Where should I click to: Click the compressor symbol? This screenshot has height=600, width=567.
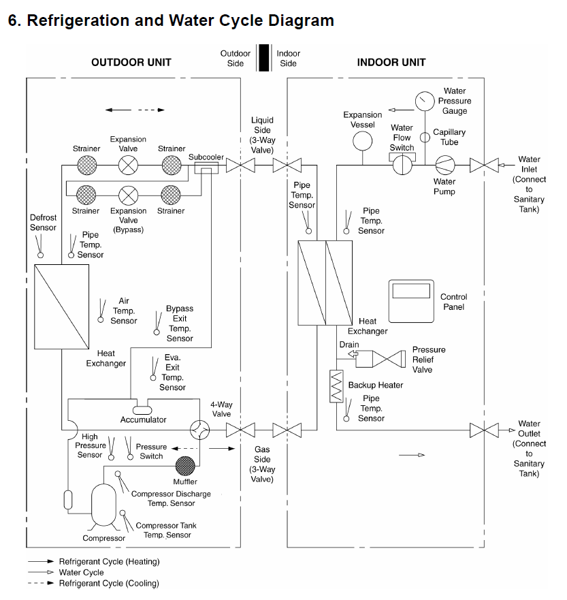pos(104,505)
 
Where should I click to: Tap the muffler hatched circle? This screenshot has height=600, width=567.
pos(185,466)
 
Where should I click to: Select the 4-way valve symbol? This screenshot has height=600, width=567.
pos(200,430)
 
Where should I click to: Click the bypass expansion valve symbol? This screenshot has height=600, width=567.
pos(128,195)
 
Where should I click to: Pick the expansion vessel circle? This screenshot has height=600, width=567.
pos(362,140)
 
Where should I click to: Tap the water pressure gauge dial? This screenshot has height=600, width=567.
pos(425,101)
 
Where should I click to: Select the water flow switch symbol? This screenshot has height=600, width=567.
pos(402,164)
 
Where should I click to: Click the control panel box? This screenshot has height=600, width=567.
pos(411,301)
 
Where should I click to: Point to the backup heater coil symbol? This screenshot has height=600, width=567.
pos(336,386)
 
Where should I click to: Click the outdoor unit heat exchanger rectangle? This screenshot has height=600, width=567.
pos(62,306)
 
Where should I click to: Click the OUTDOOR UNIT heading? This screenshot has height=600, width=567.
pos(131,63)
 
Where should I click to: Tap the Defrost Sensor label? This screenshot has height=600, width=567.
pos(43,223)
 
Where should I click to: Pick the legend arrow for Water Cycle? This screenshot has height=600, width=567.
pos(41,573)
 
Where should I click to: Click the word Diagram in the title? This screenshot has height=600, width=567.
pos(293,20)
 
